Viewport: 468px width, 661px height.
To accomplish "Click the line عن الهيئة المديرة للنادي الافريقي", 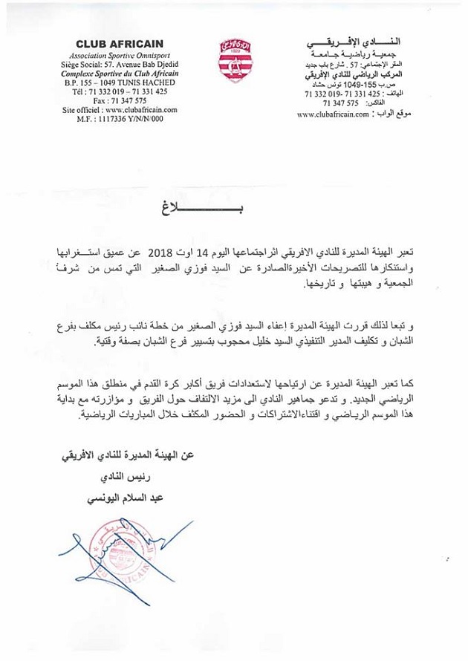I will [112, 454].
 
